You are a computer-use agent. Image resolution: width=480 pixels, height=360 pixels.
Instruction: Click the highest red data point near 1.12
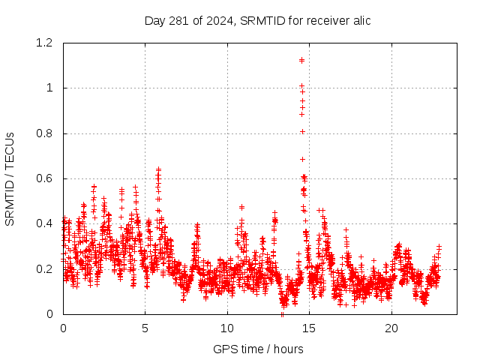[301, 60]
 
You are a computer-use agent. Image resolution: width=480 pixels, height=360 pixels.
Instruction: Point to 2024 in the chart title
[216, 20]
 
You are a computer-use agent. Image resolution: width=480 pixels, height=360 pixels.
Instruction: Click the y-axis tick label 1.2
[46, 43]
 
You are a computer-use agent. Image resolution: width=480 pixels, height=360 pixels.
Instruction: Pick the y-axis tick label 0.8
[46, 133]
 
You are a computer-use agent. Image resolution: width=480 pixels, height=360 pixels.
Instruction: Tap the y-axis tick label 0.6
[46, 178]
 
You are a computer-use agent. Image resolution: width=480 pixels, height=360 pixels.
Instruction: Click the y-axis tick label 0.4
[46, 223]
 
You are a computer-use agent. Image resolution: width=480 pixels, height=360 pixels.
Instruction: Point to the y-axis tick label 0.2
[46, 268]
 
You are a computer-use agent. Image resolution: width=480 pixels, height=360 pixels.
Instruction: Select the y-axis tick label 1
[50, 88]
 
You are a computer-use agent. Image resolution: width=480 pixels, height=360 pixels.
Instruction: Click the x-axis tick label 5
[145, 328]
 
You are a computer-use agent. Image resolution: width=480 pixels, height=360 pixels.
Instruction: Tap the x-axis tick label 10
[227, 328]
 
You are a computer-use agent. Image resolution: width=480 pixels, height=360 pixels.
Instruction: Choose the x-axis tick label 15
[309, 328]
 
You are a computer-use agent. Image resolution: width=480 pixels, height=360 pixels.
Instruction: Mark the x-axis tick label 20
[391, 328]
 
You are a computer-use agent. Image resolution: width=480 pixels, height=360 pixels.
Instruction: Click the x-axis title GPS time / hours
[258, 349]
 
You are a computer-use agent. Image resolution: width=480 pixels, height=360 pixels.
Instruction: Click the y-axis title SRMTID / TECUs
[10, 178]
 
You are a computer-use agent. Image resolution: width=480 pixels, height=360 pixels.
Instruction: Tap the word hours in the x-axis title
[289, 349]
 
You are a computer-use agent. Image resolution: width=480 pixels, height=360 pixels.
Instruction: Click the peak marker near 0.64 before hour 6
[158, 169]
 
